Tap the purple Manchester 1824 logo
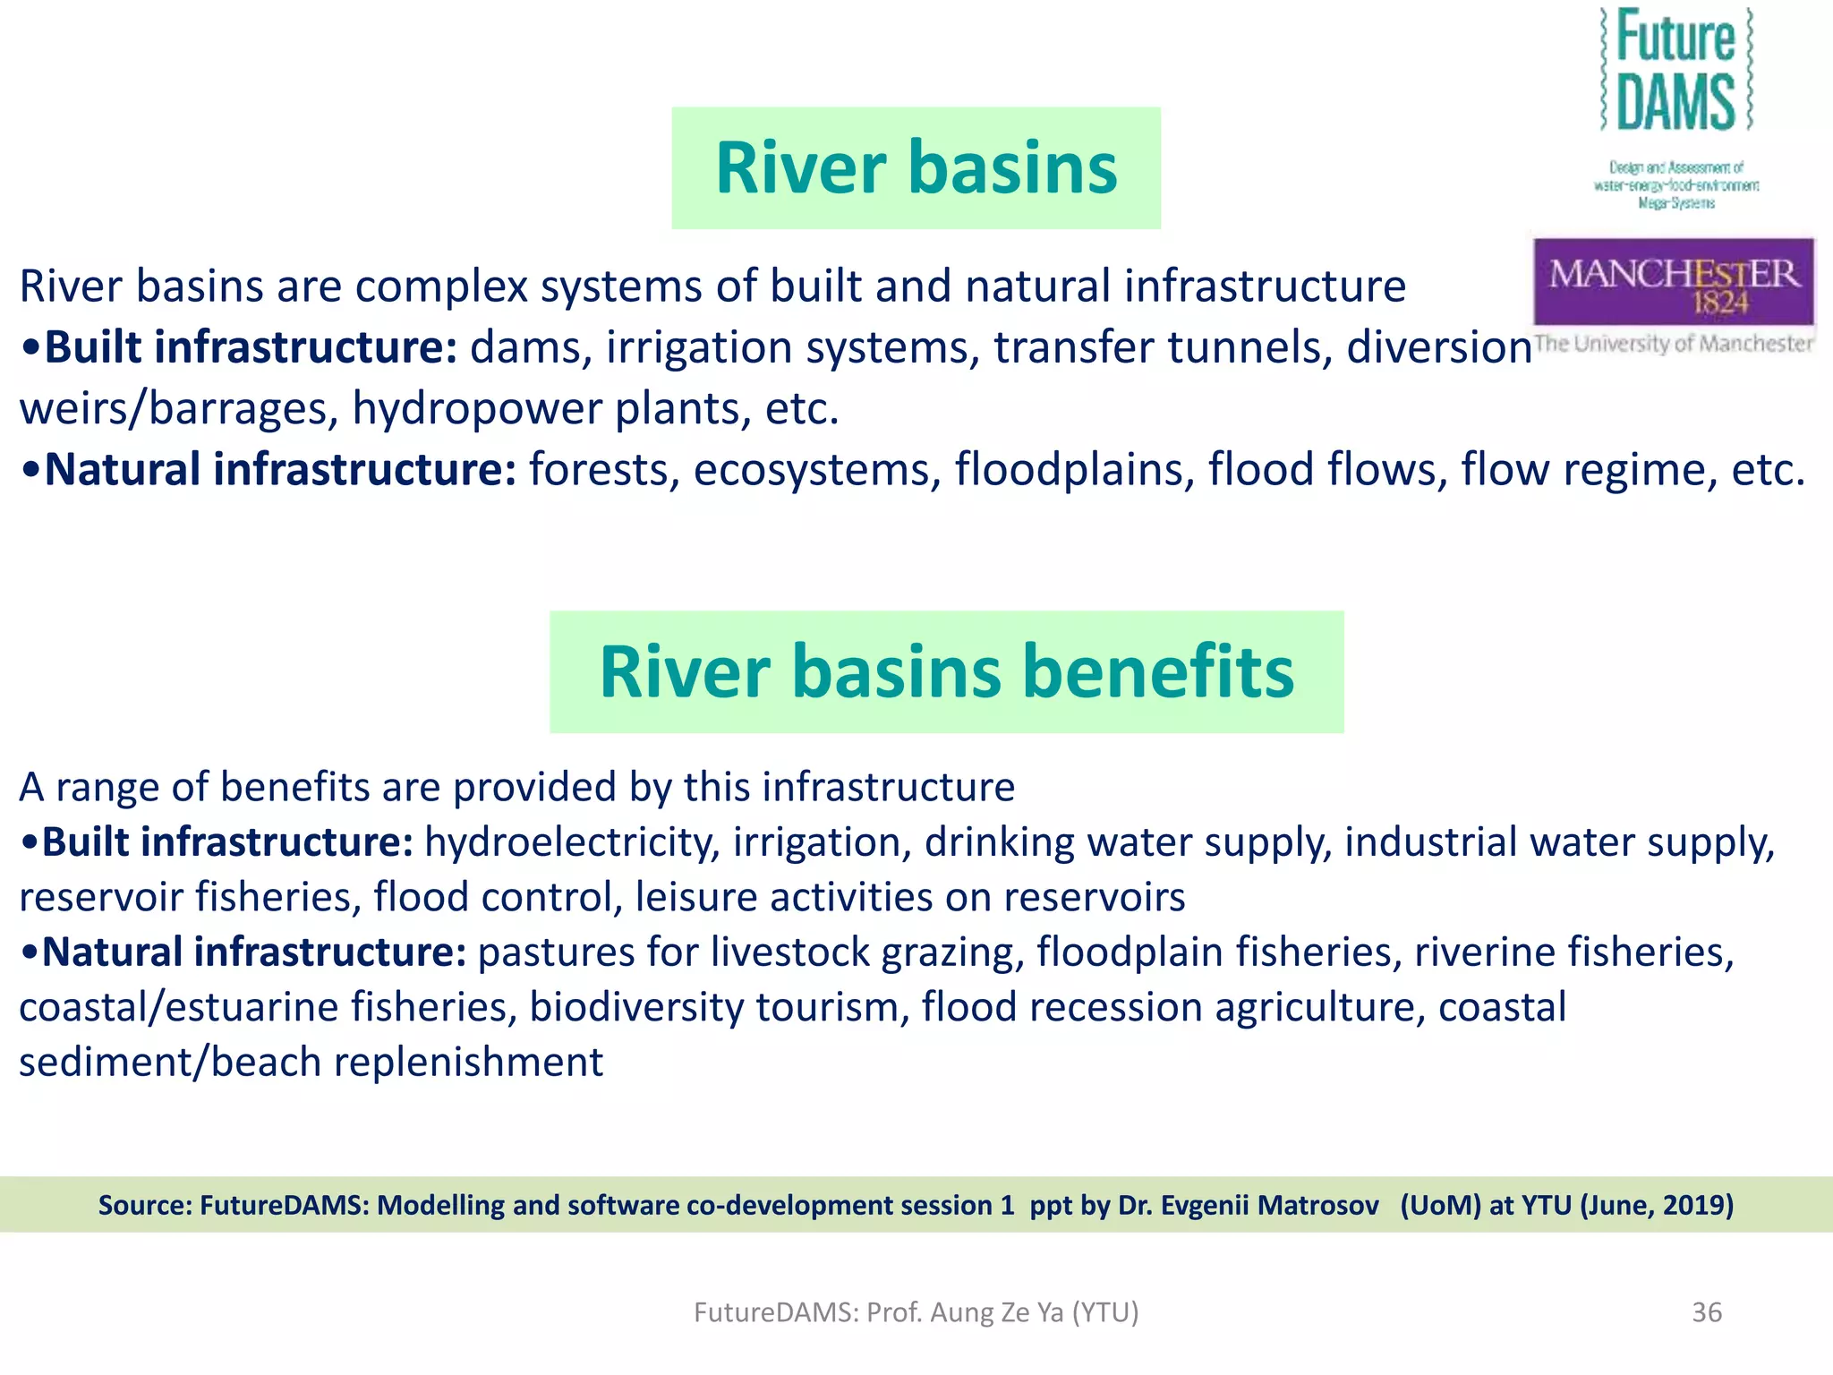[1673, 282]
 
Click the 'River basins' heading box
[916, 168]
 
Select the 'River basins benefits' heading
[946, 671]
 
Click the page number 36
[1706, 1312]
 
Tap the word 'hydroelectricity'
[572, 842]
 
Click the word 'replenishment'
[468, 1063]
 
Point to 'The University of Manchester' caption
[1673, 344]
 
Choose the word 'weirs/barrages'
[178, 409]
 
